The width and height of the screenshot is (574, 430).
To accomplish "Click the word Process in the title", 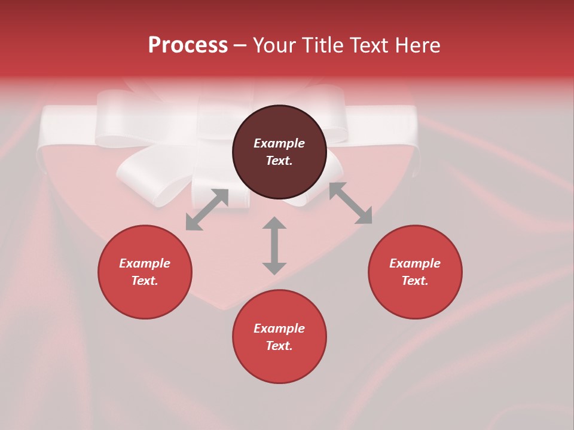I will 188,45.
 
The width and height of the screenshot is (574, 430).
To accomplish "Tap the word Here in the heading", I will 417,45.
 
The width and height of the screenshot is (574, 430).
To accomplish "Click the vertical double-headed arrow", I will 274,245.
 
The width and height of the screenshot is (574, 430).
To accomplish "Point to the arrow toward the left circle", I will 207,210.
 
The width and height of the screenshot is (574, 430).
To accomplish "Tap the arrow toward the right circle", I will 350,203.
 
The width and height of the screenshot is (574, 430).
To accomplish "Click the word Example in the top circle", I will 279,143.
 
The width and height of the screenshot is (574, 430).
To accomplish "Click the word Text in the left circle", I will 144,281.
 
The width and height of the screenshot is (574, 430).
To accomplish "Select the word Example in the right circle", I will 415,263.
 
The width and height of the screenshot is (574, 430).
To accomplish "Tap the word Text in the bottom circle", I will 279,346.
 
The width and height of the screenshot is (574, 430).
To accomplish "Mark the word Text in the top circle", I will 279,161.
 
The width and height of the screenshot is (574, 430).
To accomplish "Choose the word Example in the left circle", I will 145,263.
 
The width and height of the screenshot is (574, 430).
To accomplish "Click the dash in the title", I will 240,46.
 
